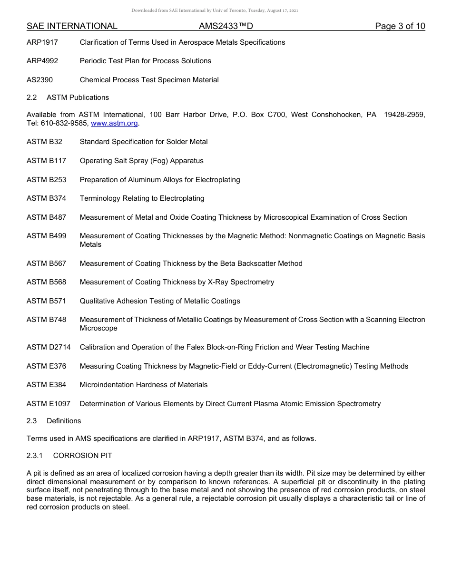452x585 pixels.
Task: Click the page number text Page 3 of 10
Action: tap(400, 26)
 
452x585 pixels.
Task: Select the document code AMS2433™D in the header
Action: tap(226, 26)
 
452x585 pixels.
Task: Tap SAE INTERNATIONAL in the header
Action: tap(72, 26)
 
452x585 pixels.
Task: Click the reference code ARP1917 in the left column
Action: tap(42, 42)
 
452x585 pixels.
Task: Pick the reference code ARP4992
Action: tap(42, 61)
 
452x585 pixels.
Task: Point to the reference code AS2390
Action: tap(40, 80)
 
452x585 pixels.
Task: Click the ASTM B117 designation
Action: tap(46, 161)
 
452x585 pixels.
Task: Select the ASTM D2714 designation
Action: tap(49, 347)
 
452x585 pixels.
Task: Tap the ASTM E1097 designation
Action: tap(49, 404)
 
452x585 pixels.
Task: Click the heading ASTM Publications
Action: tap(78, 97)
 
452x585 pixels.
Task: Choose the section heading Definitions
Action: tap(64, 421)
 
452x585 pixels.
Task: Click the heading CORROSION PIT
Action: tap(82, 456)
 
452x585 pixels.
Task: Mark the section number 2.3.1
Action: tap(35, 456)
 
